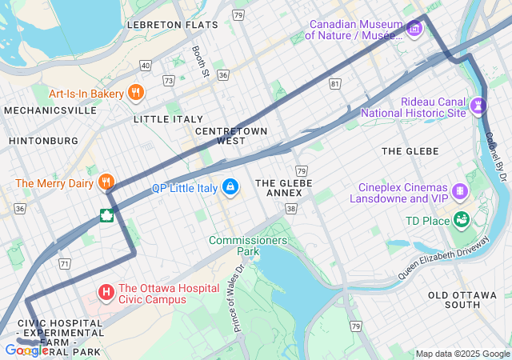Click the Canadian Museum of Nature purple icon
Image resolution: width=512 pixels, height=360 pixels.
click(414, 30)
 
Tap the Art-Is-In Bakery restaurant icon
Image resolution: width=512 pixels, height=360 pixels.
click(136, 93)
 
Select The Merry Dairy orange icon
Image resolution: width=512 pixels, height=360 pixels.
click(106, 183)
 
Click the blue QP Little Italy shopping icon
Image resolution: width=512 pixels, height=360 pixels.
click(230, 187)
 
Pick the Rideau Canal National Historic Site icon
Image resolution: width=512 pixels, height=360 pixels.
click(479, 106)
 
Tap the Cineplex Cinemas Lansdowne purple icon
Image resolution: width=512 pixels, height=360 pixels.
click(460, 191)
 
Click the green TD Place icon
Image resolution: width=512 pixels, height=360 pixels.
click(461, 219)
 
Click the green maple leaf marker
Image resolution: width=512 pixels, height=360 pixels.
click(106, 214)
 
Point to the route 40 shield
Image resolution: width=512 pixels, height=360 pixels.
click(145, 65)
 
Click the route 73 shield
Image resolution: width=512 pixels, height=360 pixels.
click(168, 80)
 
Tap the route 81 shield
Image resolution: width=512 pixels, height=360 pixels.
click(334, 83)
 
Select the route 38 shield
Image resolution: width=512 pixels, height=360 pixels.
click(291, 208)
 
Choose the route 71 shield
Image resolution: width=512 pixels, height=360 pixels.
click(65, 262)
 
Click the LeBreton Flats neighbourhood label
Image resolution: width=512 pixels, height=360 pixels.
click(172, 25)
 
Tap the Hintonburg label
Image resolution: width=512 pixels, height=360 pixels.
click(43, 141)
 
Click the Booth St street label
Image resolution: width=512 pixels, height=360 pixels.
click(200, 62)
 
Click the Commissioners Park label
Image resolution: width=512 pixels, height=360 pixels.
click(248, 245)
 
